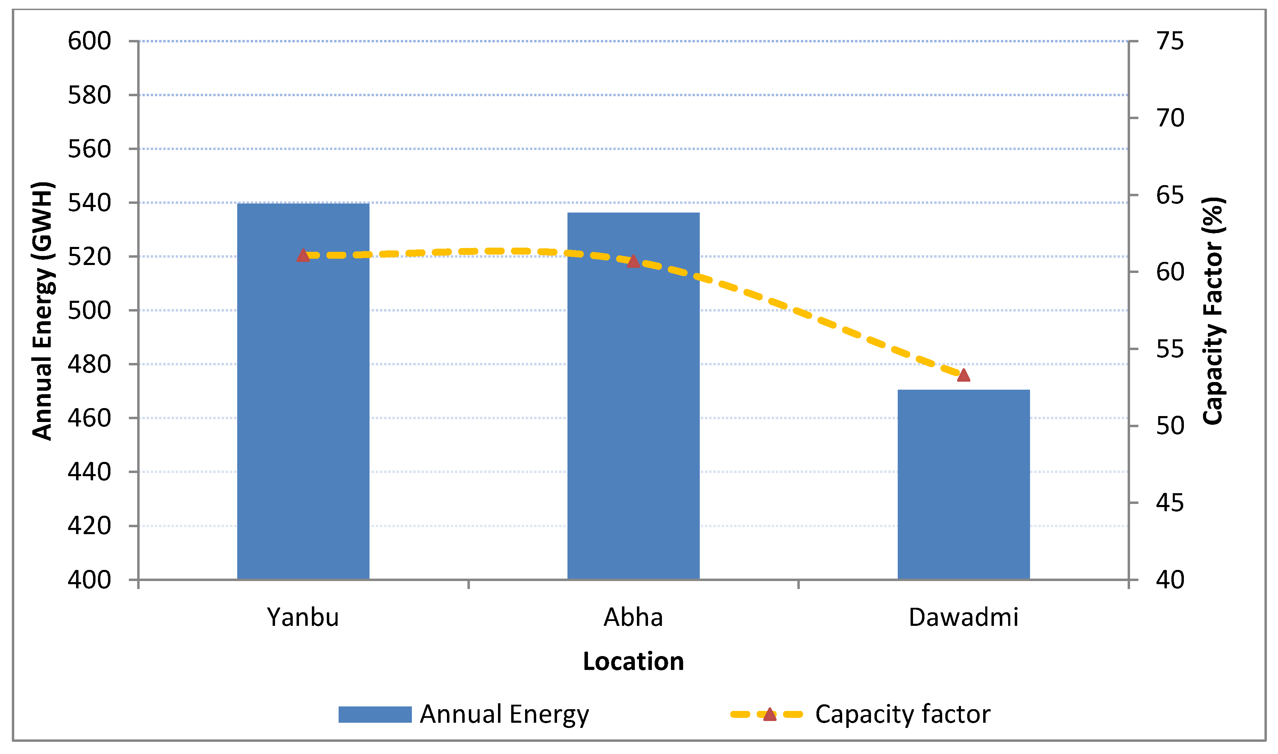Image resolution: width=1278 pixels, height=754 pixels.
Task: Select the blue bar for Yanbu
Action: coord(303,391)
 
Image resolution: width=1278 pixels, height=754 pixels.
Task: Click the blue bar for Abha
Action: coord(633,396)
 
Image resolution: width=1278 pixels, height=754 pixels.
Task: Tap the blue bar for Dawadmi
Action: coord(964,485)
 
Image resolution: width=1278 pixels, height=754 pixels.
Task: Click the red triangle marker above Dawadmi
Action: coord(964,375)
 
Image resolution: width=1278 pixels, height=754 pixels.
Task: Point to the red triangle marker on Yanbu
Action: coord(303,256)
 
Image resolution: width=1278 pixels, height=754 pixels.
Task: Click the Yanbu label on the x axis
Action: coord(303,617)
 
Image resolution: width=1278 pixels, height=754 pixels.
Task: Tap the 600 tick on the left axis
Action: coord(89,41)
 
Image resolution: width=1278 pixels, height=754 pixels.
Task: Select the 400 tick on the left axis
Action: coord(89,580)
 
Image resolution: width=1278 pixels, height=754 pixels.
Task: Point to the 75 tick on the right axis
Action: coord(1170,41)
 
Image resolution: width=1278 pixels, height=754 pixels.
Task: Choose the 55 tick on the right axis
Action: coord(1170,349)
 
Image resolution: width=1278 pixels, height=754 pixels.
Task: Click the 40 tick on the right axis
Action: coord(1170,580)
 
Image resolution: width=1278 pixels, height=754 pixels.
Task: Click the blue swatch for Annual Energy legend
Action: coord(375,714)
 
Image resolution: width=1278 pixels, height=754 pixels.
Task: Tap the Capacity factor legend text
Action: coord(903,714)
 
